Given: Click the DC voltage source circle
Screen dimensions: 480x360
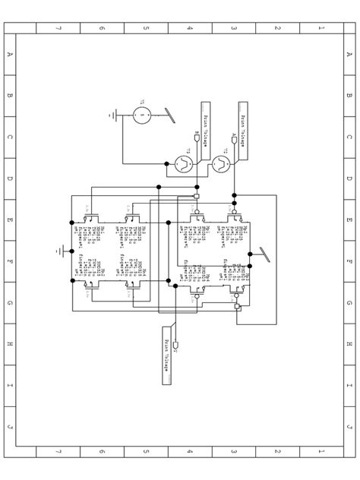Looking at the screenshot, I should click(141, 115).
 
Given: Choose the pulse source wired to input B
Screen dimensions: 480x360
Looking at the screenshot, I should click(183, 163).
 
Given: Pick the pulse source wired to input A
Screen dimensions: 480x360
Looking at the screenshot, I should click(222, 163).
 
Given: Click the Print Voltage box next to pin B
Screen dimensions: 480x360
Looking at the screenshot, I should click(206, 119).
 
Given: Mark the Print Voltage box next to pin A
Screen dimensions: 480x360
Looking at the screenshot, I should click(243, 119).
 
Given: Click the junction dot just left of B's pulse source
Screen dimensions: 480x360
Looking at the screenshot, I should click(167, 163).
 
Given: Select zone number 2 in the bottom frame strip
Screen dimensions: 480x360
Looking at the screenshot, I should click(277, 451).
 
